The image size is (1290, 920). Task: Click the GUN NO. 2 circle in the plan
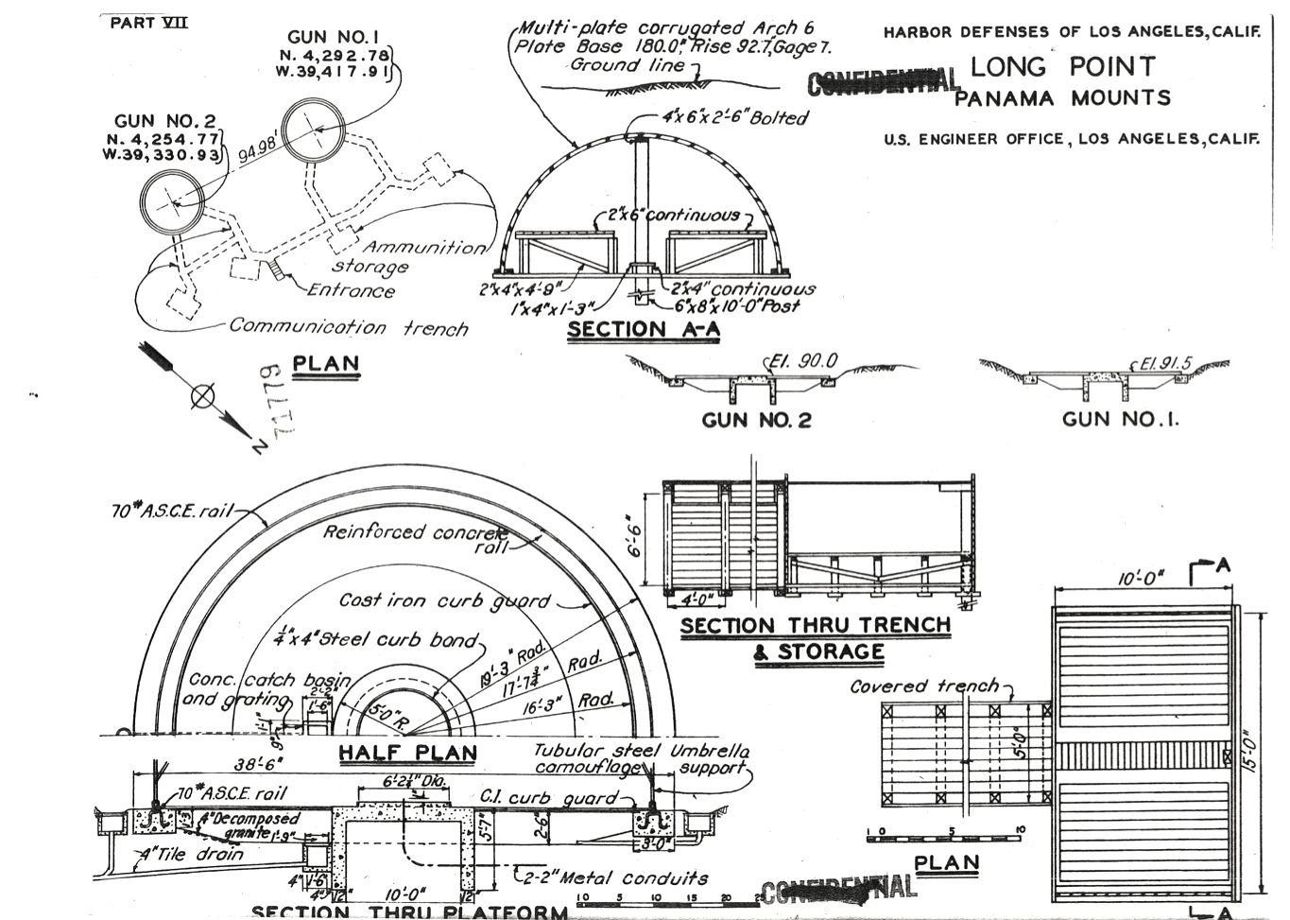click(x=172, y=202)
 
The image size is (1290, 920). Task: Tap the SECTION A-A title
click(x=644, y=330)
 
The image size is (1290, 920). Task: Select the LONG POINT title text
click(x=1062, y=67)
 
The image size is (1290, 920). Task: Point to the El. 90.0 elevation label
click(x=803, y=361)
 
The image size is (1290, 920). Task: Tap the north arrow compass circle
click(x=202, y=397)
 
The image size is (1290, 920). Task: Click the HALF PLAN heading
click(x=407, y=754)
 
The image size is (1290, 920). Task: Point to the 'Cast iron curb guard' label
click(x=444, y=600)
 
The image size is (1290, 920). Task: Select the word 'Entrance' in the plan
click(x=351, y=291)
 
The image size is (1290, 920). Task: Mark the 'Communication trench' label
click(x=349, y=327)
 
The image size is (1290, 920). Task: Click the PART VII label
click(x=148, y=22)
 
